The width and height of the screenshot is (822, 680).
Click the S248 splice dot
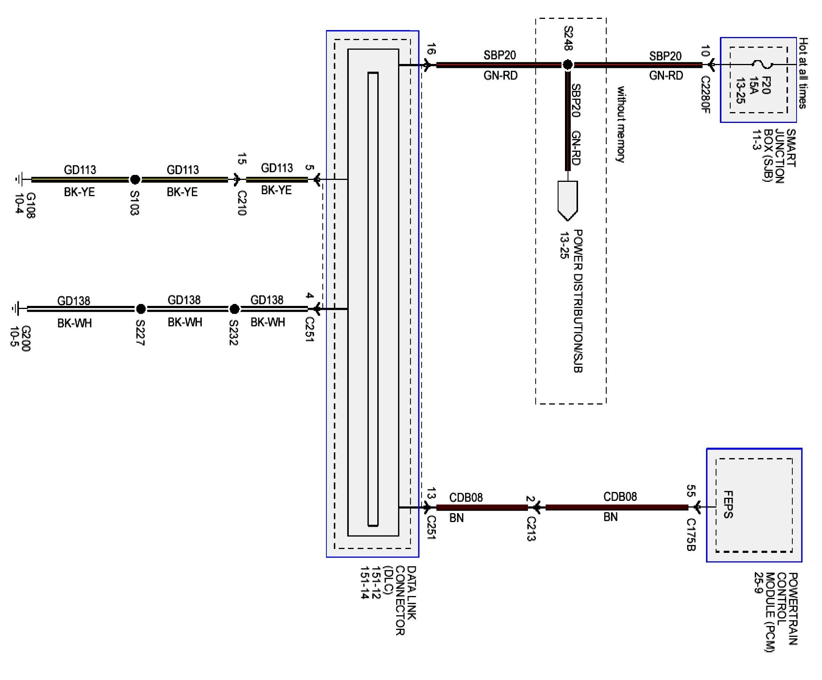pyautogui.click(x=567, y=65)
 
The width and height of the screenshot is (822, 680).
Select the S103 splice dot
pyautogui.click(x=135, y=180)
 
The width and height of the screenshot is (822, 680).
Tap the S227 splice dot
pyautogui.click(x=141, y=309)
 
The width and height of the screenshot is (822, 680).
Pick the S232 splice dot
pyautogui.click(x=234, y=309)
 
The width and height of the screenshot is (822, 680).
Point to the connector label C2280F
pyautogui.click(x=705, y=95)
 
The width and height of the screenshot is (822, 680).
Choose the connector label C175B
pyautogui.click(x=691, y=535)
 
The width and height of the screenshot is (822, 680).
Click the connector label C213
pyautogui.click(x=531, y=529)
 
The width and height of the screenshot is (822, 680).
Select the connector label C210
pyautogui.click(x=242, y=203)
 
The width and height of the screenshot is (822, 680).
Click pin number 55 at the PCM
pyautogui.click(x=691, y=490)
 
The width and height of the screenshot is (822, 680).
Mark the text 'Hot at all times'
pyautogui.click(x=803, y=73)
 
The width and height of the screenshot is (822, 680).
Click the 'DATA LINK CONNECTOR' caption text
pyautogui.click(x=405, y=601)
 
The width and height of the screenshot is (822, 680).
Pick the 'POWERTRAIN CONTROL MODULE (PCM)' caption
pyautogui.click(x=775, y=612)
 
